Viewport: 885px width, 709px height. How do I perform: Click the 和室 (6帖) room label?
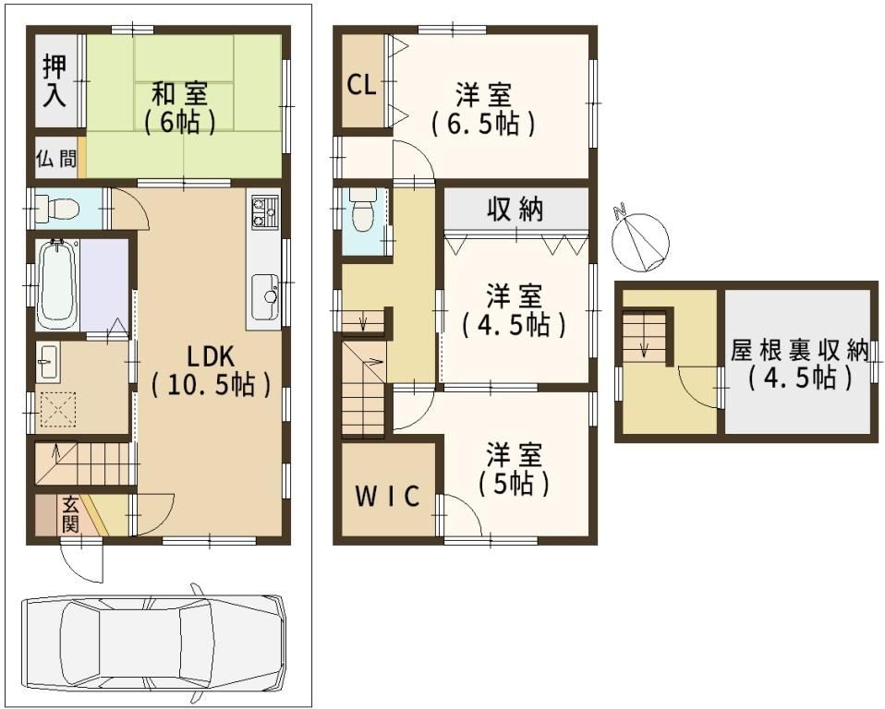point(179,108)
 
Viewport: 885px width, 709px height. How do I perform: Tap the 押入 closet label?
point(55,81)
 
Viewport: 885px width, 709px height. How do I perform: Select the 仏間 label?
point(56,159)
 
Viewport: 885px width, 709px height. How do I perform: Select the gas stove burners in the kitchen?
point(264,212)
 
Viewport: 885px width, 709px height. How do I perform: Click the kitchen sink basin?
point(265,296)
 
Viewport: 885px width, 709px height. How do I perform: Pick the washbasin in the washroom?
point(48,362)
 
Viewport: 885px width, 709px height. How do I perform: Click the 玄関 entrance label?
point(70,514)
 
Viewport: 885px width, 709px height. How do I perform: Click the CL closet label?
point(361,86)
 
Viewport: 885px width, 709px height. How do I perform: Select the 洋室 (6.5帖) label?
point(484,110)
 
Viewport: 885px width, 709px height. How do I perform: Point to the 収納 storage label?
point(515,210)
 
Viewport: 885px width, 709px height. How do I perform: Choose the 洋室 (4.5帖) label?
point(515,310)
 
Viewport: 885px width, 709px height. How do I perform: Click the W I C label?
point(387,496)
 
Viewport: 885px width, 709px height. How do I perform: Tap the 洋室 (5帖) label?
point(515,469)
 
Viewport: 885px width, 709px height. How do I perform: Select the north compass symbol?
point(640,239)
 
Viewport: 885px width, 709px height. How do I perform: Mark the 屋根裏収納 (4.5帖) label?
point(801,365)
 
